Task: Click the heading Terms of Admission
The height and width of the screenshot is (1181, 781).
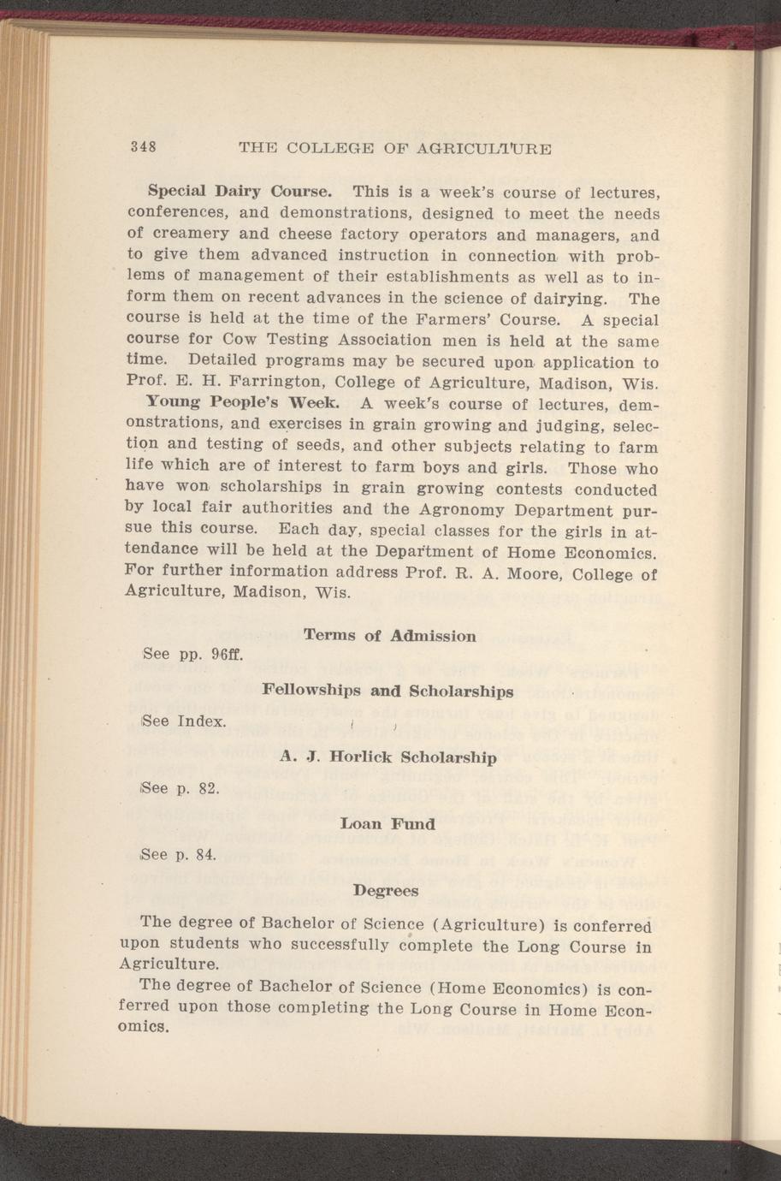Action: [390, 636]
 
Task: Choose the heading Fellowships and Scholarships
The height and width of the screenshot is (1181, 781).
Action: [388, 690]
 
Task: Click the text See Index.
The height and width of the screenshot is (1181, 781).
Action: [185, 721]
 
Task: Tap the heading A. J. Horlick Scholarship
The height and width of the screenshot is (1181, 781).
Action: [388, 757]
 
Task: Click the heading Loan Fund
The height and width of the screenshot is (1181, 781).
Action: [388, 824]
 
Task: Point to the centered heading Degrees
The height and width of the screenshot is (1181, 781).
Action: [387, 891]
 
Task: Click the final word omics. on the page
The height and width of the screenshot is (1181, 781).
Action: [146, 1028]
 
